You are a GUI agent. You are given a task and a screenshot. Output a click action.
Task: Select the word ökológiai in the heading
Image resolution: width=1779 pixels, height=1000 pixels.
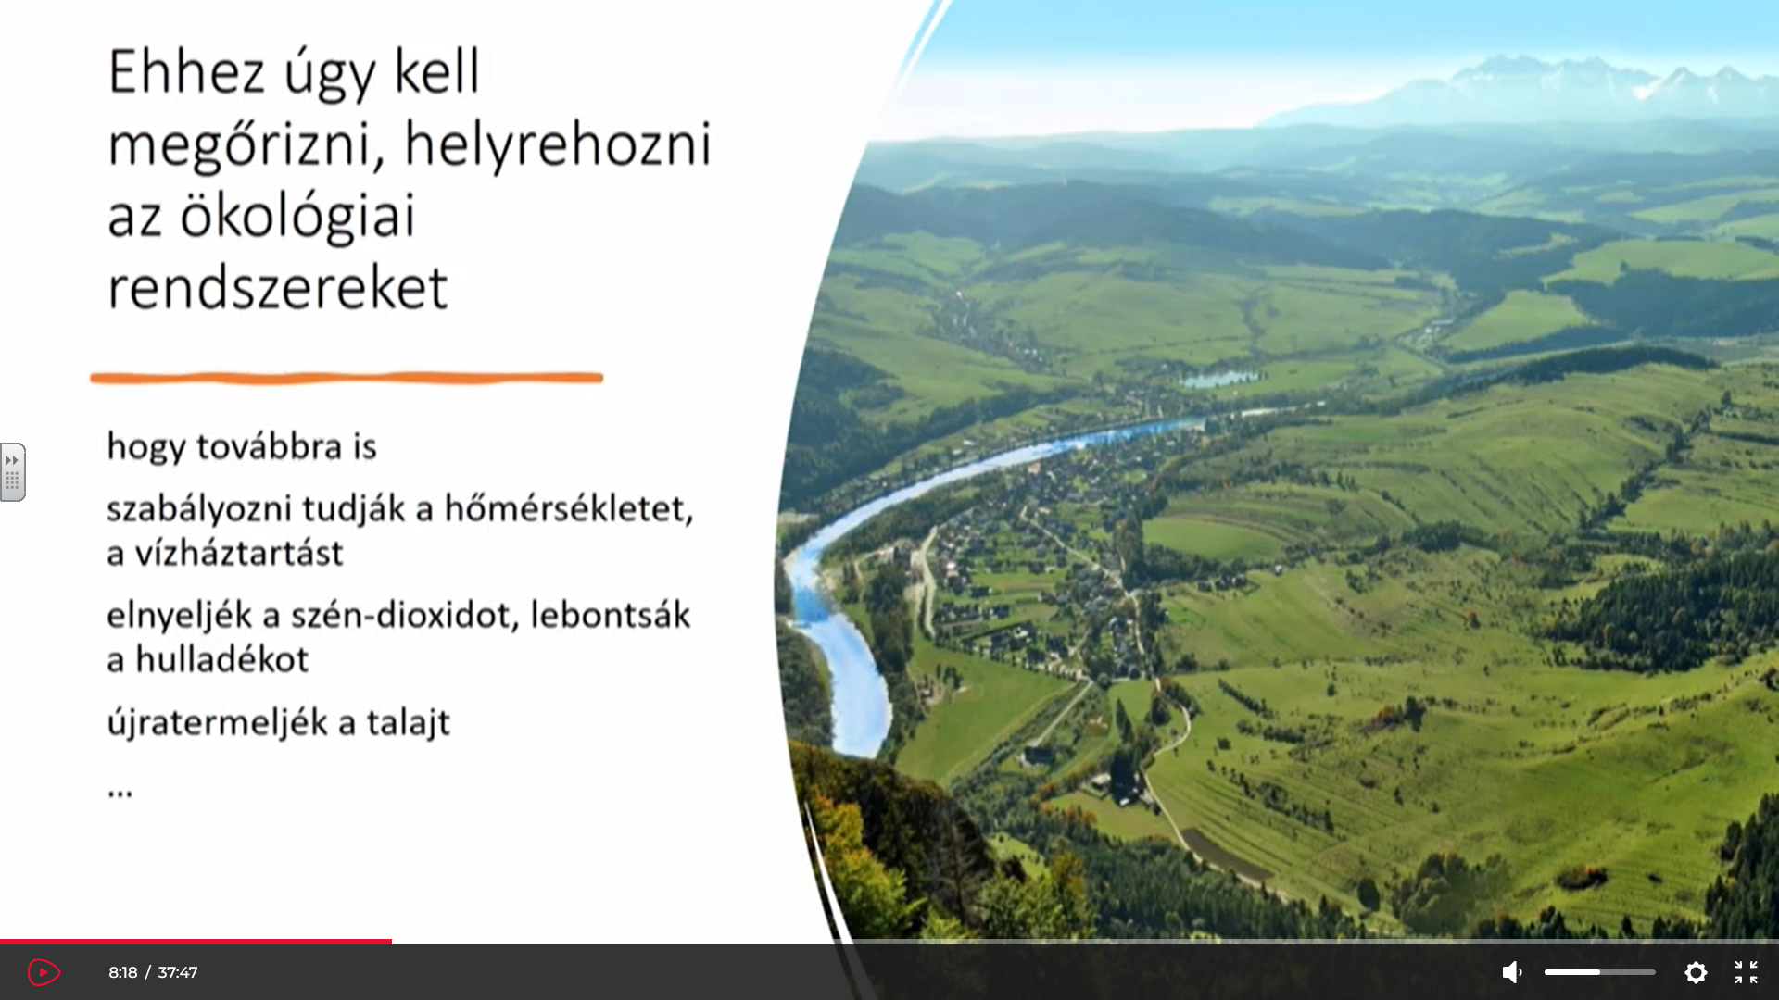pyautogui.click(x=297, y=217)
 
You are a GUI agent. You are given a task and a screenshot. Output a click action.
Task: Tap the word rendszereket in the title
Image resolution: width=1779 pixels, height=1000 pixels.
pyautogui.click(x=278, y=288)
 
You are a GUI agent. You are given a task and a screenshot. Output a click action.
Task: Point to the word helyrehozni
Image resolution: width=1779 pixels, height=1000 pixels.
pyautogui.click(x=558, y=145)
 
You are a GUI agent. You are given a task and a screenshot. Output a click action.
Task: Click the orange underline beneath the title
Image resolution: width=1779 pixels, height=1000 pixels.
pyautogui.click(x=347, y=378)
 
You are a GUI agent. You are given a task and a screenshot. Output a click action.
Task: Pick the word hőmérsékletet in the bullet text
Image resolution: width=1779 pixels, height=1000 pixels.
pyautogui.click(x=569, y=508)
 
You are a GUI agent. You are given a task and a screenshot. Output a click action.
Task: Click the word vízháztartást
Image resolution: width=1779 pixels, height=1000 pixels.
pyautogui.click(x=239, y=553)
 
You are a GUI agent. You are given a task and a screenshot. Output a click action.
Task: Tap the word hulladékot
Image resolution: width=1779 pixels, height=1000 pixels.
pyautogui.click(x=222, y=659)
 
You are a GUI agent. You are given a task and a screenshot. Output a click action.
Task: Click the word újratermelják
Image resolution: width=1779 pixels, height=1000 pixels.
pyautogui.click(x=217, y=723)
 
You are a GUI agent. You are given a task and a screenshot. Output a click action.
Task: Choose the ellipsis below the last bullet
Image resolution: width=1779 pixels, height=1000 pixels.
pyautogui.click(x=120, y=793)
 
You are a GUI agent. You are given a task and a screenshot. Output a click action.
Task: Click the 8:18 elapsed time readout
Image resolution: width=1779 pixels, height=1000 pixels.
pyautogui.click(x=122, y=972)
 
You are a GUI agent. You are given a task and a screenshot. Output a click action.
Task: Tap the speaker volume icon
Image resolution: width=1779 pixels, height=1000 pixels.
pyautogui.click(x=1511, y=972)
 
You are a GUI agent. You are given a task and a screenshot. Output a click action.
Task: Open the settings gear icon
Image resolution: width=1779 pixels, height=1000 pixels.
pyautogui.click(x=1696, y=972)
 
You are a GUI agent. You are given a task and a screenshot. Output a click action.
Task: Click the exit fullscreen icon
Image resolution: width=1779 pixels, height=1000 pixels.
pyautogui.click(x=1746, y=972)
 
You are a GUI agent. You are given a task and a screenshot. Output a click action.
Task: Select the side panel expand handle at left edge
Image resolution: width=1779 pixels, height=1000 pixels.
pyautogui.click(x=12, y=472)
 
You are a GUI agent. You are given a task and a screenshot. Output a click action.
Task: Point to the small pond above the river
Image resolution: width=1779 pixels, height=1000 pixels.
pyautogui.click(x=1220, y=379)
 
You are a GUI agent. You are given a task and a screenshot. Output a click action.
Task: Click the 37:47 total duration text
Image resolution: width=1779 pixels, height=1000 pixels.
pyautogui.click(x=178, y=972)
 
